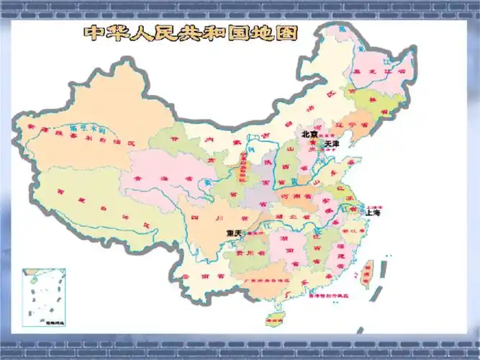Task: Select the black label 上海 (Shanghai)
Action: [x=373, y=213]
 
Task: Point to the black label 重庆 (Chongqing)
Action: [x=234, y=233]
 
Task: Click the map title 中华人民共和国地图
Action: [x=192, y=33]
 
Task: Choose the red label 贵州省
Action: [x=246, y=253]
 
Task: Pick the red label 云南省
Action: [x=194, y=276]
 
